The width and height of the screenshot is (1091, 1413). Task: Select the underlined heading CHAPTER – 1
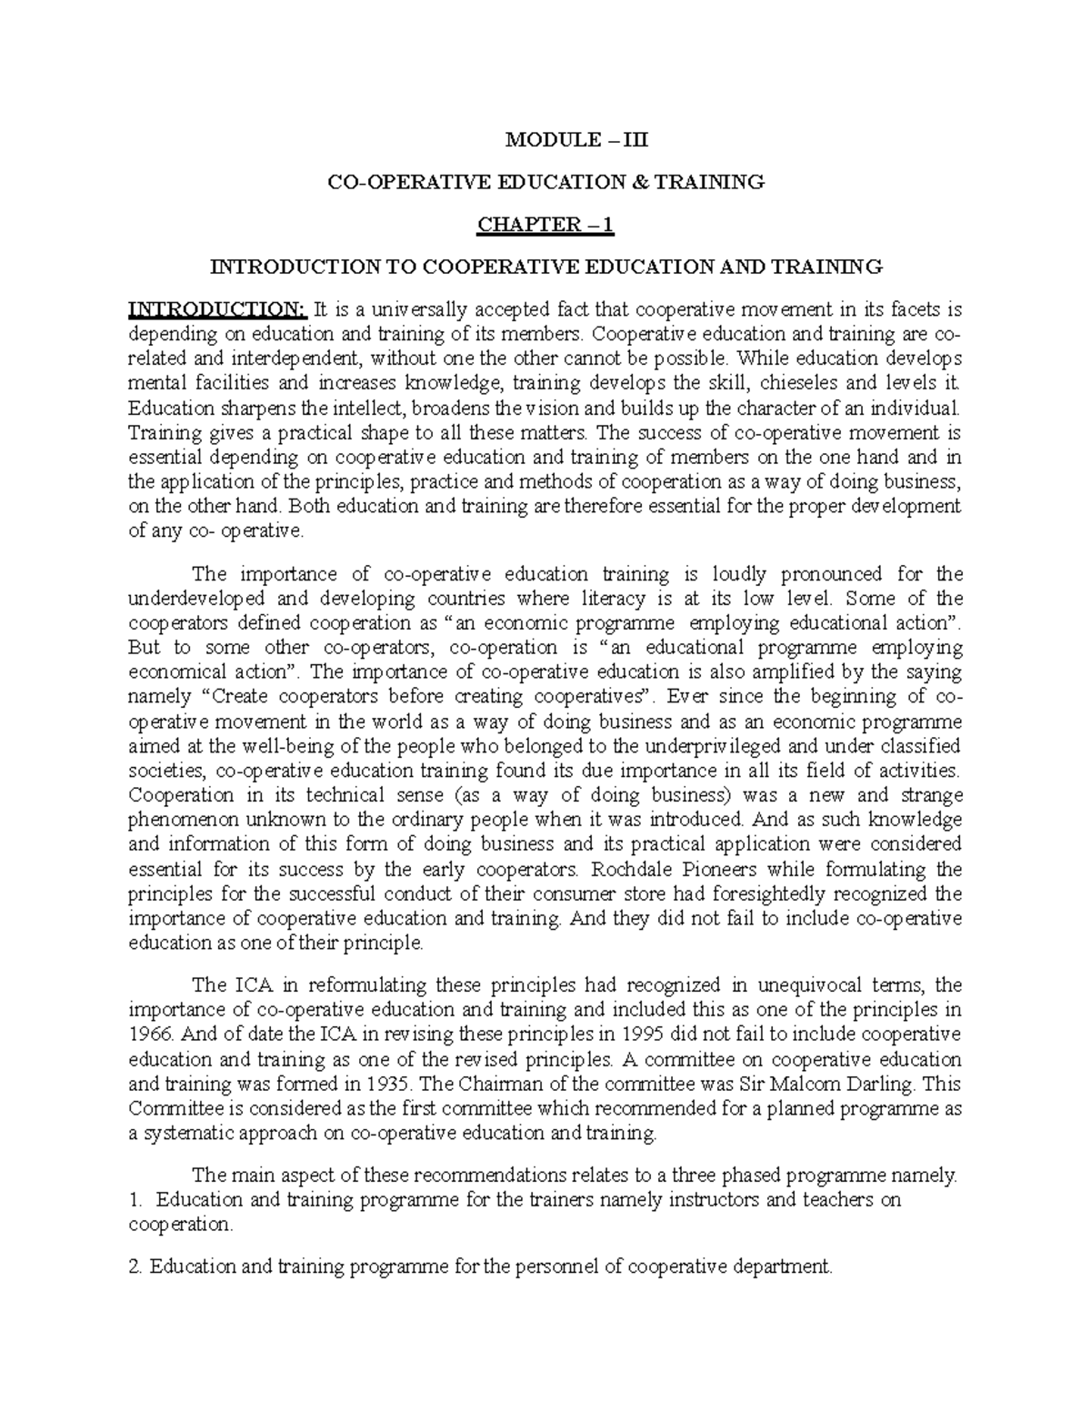(x=545, y=225)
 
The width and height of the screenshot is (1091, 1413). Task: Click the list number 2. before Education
(x=137, y=1266)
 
